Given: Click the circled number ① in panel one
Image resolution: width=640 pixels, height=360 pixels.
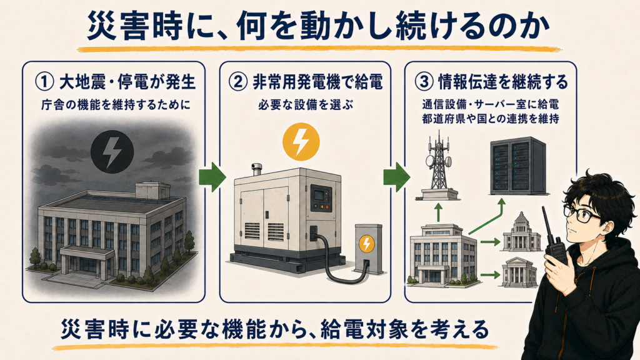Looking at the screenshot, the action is pos(45,82).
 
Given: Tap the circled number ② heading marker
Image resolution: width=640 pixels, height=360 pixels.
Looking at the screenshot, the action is pos(238,82).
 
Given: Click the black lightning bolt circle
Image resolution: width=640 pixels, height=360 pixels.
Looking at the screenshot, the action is pos(112,151).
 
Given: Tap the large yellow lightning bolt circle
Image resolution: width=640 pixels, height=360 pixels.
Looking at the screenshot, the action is pos(301,142).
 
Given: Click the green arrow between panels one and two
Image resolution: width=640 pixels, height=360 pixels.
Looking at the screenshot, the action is pos(212,176).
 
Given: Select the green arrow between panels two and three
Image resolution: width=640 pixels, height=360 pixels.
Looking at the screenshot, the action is pos(397,176).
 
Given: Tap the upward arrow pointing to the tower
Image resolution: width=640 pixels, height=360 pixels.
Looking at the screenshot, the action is pos(438,212).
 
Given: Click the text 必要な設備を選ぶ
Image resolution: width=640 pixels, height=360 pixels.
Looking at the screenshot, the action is pos(306,105).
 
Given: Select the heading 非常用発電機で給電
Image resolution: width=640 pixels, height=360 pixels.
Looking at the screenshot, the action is pos(317,82).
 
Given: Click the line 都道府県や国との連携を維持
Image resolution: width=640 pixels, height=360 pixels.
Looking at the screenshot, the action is pos(490,119).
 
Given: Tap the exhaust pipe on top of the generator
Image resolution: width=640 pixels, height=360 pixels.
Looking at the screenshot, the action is pos(256,169).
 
